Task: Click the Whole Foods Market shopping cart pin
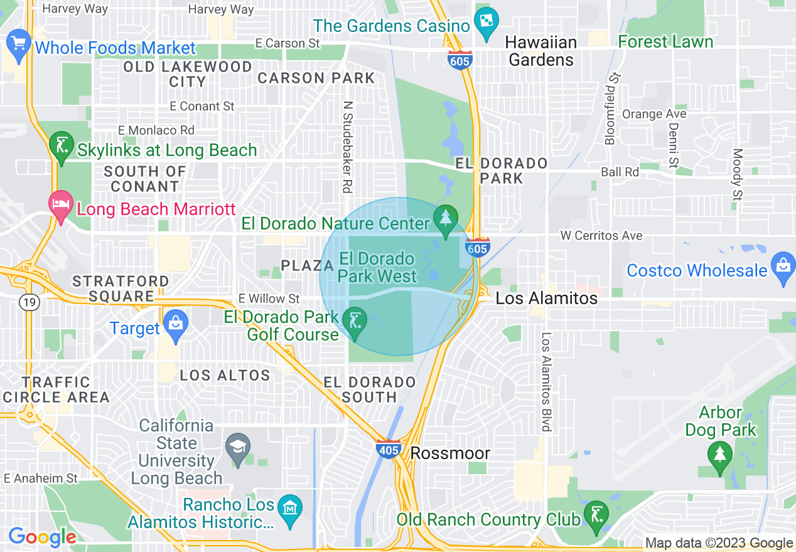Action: pyautogui.click(x=18, y=45)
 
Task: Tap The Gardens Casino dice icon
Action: pyautogui.click(x=486, y=23)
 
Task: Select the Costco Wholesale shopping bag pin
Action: pyautogui.click(x=783, y=268)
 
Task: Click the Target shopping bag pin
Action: pyautogui.click(x=175, y=326)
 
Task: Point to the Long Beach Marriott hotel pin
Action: pyautogui.click(x=60, y=206)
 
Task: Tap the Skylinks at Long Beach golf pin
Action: pyautogui.click(x=61, y=148)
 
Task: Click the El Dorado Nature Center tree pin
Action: pyautogui.click(x=446, y=220)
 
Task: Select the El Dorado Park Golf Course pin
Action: pyautogui.click(x=355, y=323)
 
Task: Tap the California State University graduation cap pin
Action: pyautogui.click(x=238, y=449)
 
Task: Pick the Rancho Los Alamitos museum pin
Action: pyautogui.click(x=289, y=507)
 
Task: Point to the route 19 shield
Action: pyautogui.click(x=29, y=303)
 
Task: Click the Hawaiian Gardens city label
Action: pyautogui.click(x=541, y=51)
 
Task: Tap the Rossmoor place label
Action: pyautogui.click(x=450, y=453)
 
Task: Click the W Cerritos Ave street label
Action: pyautogui.click(x=601, y=236)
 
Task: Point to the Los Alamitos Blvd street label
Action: pyautogui.click(x=547, y=381)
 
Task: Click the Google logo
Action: pyautogui.click(x=42, y=537)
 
